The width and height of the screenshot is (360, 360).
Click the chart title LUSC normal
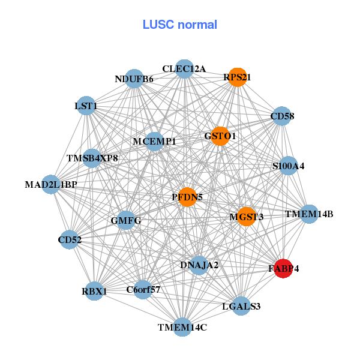coord(179,25)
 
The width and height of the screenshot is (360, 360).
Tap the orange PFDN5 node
coord(187,197)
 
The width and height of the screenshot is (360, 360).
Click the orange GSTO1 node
coord(220,136)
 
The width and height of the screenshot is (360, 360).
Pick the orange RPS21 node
coord(237,77)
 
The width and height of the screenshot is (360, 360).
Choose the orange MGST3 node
coord(246,216)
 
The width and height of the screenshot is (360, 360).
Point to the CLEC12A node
coord(184,70)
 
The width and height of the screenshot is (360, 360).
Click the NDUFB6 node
coord(134,79)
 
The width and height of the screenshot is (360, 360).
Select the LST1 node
coord(86,107)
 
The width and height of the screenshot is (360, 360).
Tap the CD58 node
coord(282,116)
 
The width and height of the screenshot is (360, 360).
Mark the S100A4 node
coord(289,166)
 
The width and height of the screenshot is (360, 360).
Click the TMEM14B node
coord(308,214)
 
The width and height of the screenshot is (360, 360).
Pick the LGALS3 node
coord(240,306)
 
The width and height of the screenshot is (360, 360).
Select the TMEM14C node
coord(182,327)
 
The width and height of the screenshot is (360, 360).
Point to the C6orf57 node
coord(143,290)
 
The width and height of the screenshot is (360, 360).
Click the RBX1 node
coord(94,292)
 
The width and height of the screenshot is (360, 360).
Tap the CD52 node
coord(70,240)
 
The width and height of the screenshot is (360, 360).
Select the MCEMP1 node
coord(154,142)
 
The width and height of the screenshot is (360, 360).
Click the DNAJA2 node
coord(199,265)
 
